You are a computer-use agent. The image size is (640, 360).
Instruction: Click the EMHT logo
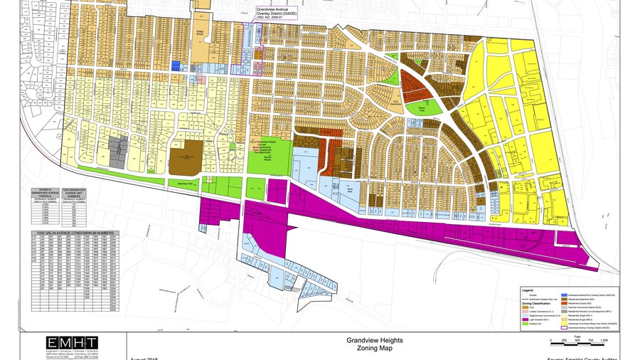[68, 344]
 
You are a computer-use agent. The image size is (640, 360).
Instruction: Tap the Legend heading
[527, 290]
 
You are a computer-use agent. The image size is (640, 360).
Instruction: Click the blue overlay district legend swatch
[565, 294]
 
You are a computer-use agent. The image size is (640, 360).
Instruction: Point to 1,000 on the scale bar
[604, 340]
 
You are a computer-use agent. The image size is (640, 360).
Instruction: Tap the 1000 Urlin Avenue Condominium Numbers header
[75, 233]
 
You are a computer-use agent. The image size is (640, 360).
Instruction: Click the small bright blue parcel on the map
[175, 65]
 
